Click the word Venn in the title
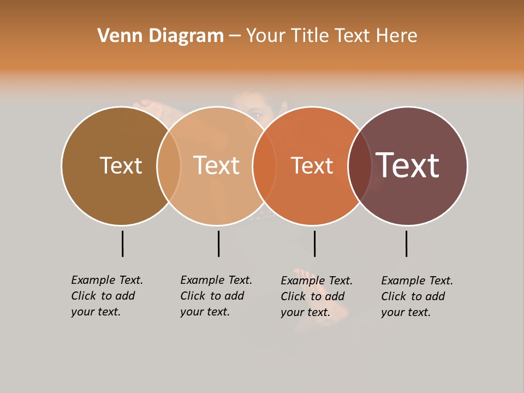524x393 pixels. tap(114, 36)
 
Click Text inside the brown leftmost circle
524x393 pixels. tap(121, 165)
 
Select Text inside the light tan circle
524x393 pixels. tap(217, 165)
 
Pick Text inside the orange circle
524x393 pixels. tap(312, 166)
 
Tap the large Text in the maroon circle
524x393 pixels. tap(407, 165)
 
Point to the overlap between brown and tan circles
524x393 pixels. tap(169, 166)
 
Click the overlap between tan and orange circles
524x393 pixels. tap(264, 166)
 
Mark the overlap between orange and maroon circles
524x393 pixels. tap(360, 166)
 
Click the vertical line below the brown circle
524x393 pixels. tap(123, 243)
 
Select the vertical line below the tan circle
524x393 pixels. tap(218, 243)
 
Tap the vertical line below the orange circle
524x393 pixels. tap(314, 243)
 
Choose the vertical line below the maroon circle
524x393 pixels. tap(407, 243)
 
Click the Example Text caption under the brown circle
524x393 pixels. tap(107, 296)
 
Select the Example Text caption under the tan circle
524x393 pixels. tap(216, 296)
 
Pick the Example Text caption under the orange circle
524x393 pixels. tap(317, 296)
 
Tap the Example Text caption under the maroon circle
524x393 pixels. tap(417, 296)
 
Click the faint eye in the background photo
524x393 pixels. tap(256, 115)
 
